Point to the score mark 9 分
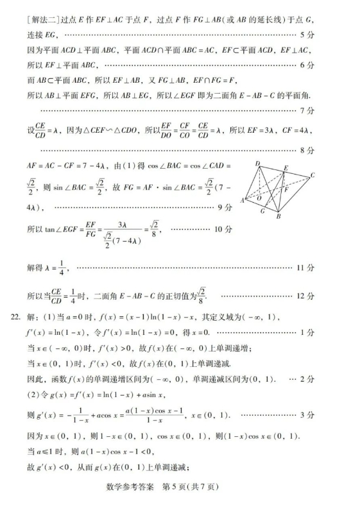224,207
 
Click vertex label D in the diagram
259,164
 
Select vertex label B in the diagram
279,216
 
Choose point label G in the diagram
263,210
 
